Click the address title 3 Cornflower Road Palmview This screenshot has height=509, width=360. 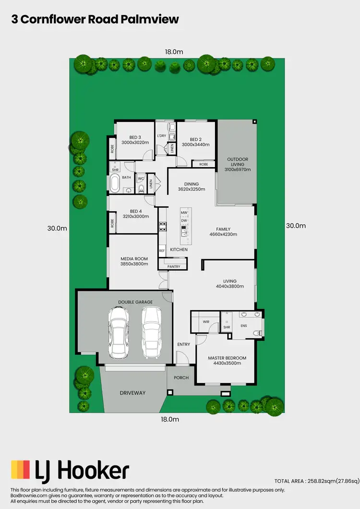95,19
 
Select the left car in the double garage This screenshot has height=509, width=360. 118,332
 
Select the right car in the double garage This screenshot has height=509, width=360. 151,332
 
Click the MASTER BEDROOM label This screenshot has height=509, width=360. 227,358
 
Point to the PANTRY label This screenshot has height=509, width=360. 174,267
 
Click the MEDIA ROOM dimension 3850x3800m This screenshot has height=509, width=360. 134,264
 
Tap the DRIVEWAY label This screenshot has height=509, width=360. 132,393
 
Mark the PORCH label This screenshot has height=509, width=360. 181,378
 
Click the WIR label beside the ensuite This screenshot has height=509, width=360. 205,322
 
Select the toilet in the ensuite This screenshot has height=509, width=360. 257,333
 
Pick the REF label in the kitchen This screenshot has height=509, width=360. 162,251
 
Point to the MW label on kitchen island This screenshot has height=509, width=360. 183,212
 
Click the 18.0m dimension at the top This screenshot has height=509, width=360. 174,52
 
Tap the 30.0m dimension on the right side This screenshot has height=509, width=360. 295,226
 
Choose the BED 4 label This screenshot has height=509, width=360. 136,211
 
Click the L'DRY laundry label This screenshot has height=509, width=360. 161,136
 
